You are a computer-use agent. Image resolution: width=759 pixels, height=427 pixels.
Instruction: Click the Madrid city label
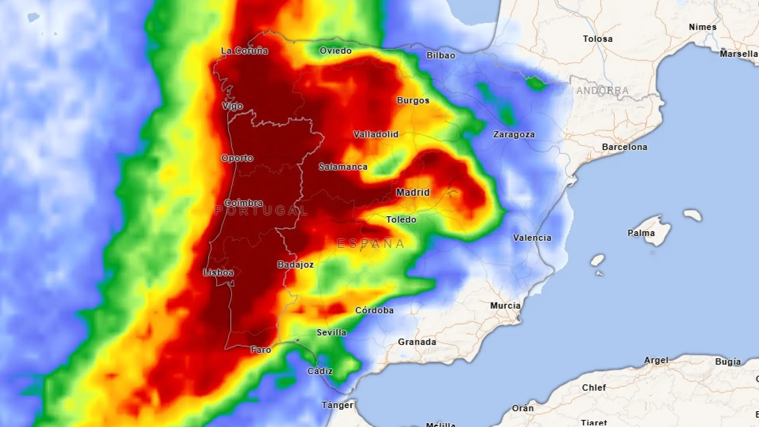413,193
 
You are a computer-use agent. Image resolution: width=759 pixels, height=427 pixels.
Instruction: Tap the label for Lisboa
218,272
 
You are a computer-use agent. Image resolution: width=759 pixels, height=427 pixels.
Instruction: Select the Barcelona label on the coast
625,147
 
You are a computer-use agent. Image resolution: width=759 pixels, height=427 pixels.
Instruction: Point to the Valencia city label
532,238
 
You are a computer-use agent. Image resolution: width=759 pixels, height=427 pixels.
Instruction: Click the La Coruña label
244,51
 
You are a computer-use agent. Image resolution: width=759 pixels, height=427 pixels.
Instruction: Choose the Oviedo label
336,51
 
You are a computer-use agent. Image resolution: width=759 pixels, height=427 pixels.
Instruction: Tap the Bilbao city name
441,56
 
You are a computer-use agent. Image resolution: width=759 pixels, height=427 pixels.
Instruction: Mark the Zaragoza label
514,135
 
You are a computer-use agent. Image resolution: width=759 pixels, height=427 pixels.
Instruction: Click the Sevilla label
331,333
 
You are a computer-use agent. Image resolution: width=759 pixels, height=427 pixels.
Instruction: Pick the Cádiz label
320,371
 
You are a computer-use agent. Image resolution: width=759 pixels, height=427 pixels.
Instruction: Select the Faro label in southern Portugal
261,350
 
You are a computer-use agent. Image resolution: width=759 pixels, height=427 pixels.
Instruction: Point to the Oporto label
237,158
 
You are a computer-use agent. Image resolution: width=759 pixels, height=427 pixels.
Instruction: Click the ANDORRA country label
602,91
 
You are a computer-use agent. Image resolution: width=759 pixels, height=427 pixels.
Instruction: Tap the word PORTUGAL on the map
261,211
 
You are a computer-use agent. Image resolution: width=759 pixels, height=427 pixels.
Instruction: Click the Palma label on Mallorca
641,233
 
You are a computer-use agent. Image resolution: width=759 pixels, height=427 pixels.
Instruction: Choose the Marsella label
738,54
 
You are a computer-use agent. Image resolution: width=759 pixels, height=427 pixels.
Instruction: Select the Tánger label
337,405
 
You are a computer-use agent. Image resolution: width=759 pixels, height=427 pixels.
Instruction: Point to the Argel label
656,361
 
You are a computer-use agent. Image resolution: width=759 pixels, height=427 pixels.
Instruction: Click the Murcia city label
505,306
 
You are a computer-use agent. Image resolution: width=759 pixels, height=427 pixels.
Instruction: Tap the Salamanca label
343,167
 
